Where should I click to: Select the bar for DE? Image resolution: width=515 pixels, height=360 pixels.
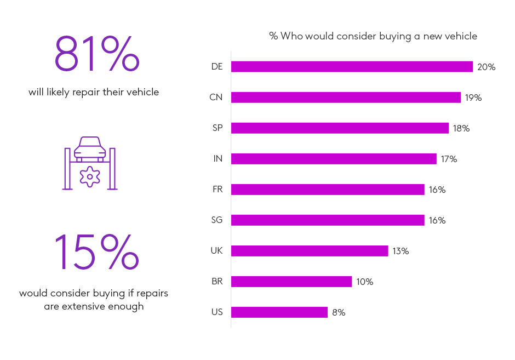(x=352, y=67)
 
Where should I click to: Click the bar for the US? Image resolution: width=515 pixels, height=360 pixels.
(x=279, y=312)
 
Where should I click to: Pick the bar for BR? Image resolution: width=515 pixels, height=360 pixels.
(x=291, y=282)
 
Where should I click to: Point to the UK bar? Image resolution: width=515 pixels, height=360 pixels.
(x=310, y=251)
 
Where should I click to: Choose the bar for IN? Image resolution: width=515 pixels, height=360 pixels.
(x=334, y=159)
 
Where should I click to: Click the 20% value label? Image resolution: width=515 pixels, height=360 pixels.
(x=486, y=67)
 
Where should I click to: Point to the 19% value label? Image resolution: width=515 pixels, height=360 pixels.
(x=473, y=98)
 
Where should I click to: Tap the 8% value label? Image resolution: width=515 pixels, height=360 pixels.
(x=338, y=312)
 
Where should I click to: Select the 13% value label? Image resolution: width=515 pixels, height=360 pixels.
(x=400, y=251)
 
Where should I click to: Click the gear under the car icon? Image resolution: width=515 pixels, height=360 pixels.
(x=90, y=176)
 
